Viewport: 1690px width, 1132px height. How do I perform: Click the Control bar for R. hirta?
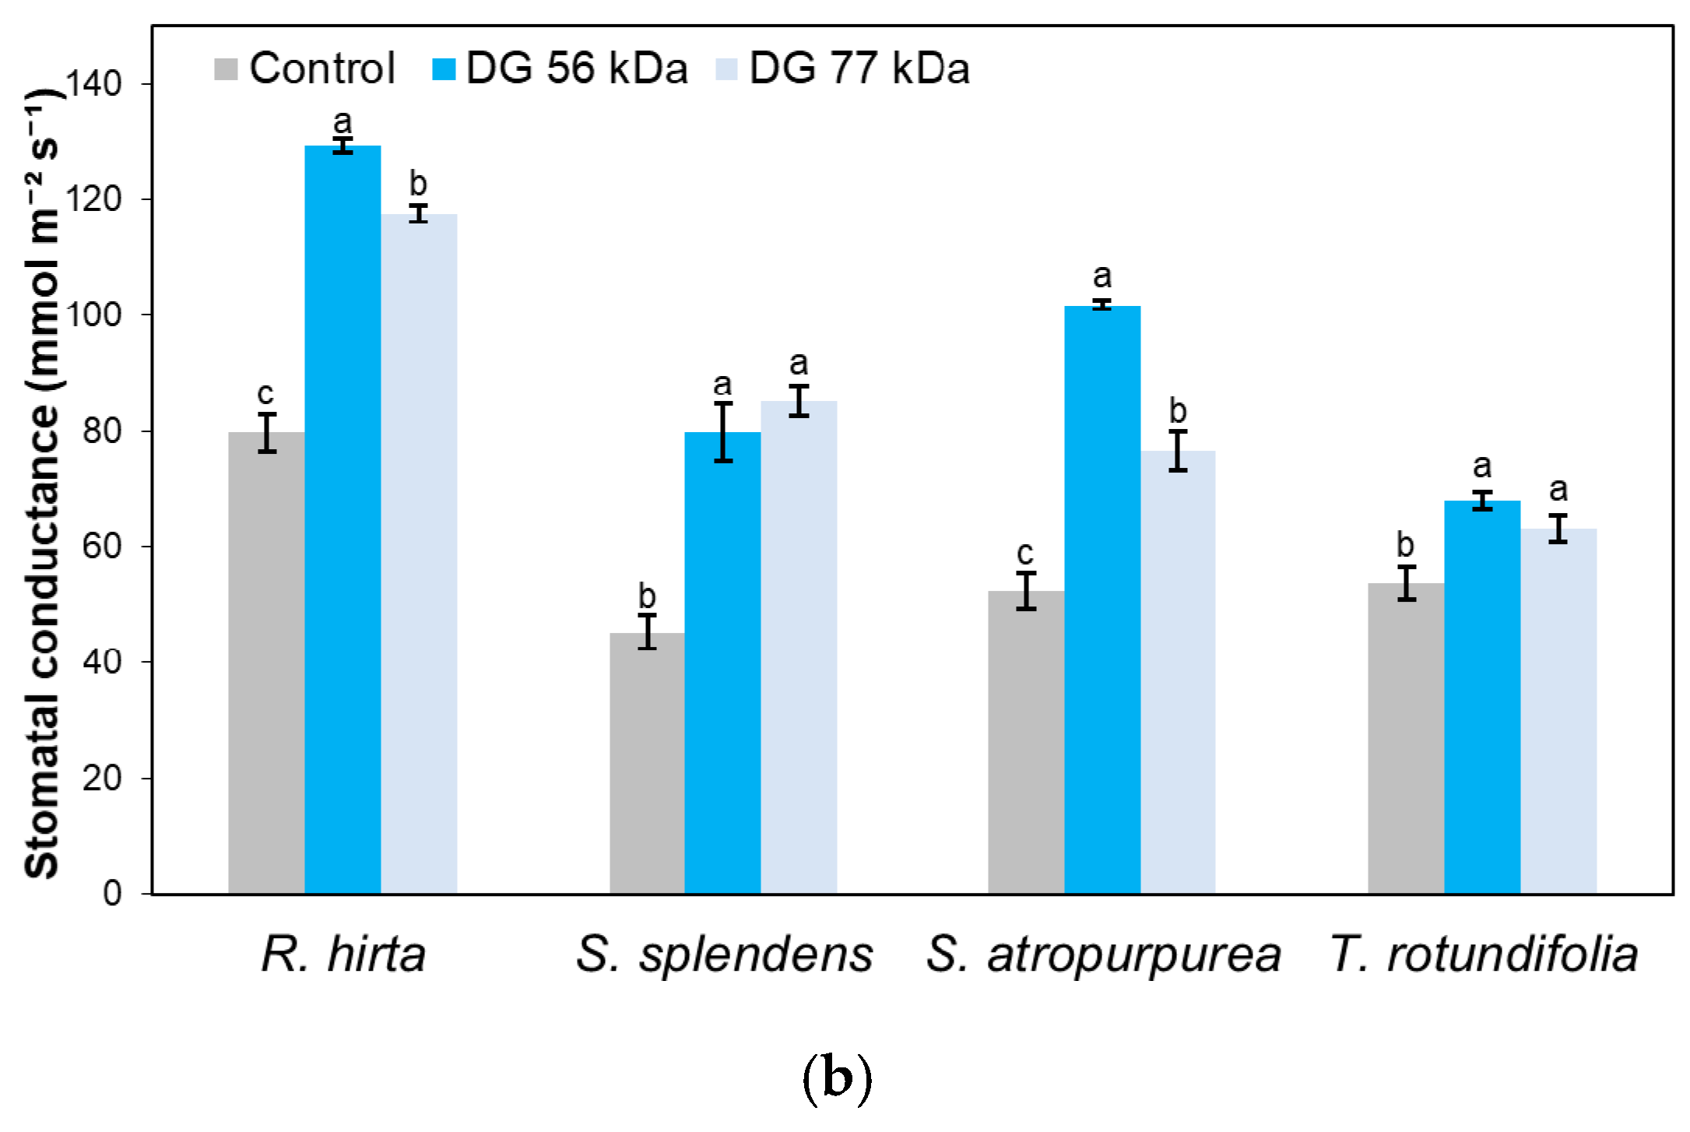click(x=266, y=662)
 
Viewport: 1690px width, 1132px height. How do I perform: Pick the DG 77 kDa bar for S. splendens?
click(x=799, y=646)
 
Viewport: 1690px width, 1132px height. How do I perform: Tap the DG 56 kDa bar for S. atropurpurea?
click(x=1102, y=599)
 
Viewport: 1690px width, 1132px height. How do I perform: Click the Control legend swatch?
click(x=226, y=69)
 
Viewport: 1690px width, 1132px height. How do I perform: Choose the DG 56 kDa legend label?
click(x=577, y=69)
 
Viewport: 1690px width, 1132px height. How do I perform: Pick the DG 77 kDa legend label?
click(x=859, y=69)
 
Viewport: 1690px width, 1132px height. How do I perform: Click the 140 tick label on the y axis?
click(x=94, y=83)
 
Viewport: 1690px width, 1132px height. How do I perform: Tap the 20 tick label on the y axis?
click(x=102, y=778)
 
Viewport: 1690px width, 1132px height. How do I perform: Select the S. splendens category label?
click(x=724, y=954)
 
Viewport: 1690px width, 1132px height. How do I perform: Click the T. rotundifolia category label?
click(x=1484, y=954)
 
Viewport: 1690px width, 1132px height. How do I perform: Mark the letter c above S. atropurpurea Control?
click(x=1025, y=554)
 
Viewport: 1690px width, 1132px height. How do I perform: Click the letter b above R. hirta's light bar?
click(x=418, y=185)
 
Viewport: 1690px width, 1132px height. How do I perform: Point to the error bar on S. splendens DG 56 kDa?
click(x=723, y=432)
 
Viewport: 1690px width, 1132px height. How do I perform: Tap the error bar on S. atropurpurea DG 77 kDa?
click(x=1178, y=450)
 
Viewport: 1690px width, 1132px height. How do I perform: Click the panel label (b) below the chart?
click(x=837, y=1078)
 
